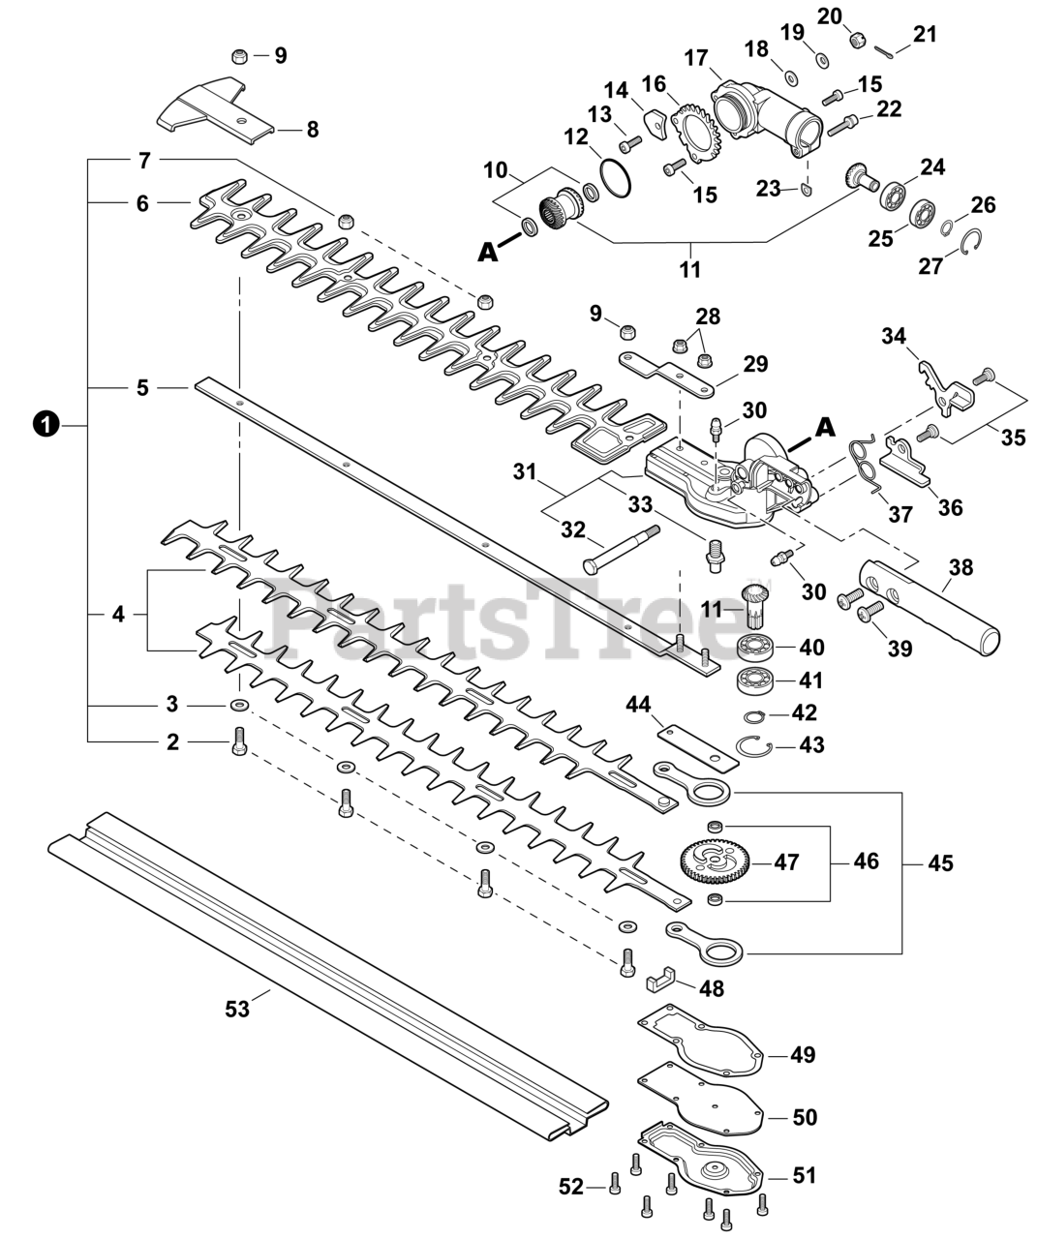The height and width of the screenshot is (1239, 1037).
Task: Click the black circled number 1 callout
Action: click(46, 424)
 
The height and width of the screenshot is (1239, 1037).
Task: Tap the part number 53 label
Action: click(237, 1009)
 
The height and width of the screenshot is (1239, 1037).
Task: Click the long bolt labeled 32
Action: click(621, 547)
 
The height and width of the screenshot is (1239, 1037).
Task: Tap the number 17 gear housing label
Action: click(696, 59)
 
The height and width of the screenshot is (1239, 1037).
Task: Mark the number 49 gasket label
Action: click(803, 1054)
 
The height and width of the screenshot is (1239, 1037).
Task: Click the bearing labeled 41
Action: click(756, 680)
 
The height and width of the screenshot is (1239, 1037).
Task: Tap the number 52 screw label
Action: click(572, 1186)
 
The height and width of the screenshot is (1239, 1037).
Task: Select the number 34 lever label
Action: click(894, 336)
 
